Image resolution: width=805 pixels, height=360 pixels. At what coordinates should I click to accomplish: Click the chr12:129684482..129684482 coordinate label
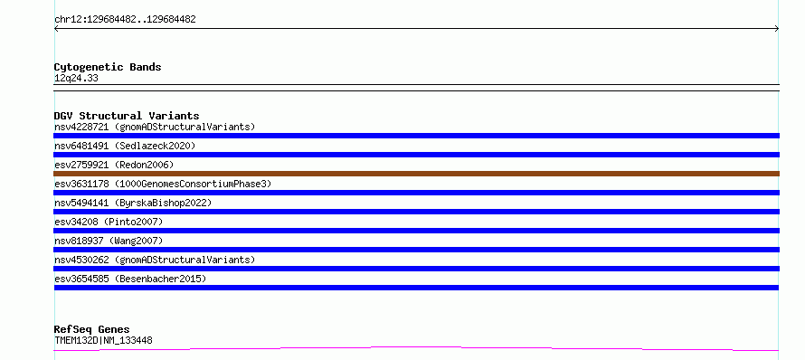click(x=125, y=20)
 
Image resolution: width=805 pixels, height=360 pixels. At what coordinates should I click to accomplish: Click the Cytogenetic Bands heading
click(x=108, y=67)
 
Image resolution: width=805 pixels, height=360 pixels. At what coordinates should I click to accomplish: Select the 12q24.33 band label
click(x=76, y=79)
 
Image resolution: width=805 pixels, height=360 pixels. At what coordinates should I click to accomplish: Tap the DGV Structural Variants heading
click(x=127, y=116)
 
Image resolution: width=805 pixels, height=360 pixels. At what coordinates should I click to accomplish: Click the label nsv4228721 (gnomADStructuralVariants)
click(x=155, y=127)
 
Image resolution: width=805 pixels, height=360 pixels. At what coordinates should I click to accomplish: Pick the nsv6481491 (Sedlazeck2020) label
click(x=125, y=146)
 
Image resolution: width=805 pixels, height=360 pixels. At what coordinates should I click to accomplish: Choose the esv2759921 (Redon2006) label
click(x=114, y=165)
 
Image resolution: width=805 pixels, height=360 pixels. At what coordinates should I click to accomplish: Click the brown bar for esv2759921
click(x=416, y=174)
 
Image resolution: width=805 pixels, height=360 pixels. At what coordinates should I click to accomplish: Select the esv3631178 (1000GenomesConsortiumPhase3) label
click(x=163, y=184)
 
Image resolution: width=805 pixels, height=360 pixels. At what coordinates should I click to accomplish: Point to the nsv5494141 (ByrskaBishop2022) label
click(x=133, y=203)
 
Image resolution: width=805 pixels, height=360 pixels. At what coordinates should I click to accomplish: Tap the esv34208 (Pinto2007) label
click(x=109, y=222)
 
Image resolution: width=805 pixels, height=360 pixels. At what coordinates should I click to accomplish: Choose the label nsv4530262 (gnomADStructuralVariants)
click(x=155, y=260)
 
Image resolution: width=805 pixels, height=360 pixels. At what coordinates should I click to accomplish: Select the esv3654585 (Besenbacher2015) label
click(x=130, y=279)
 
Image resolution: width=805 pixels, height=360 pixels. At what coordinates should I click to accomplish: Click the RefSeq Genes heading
click(x=92, y=329)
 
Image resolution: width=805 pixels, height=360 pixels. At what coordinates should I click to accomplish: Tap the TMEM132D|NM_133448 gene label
click(x=103, y=340)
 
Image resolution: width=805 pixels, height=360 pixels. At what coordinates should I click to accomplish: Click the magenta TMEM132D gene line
click(x=416, y=349)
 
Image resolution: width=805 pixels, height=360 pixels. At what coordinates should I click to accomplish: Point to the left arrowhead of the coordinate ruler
click(x=55, y=29)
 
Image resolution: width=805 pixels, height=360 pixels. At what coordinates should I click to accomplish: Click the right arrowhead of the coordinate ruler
click(x=778, y=29)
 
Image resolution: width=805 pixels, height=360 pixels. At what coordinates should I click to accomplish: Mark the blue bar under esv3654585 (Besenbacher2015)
click(x=416, y=288)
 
